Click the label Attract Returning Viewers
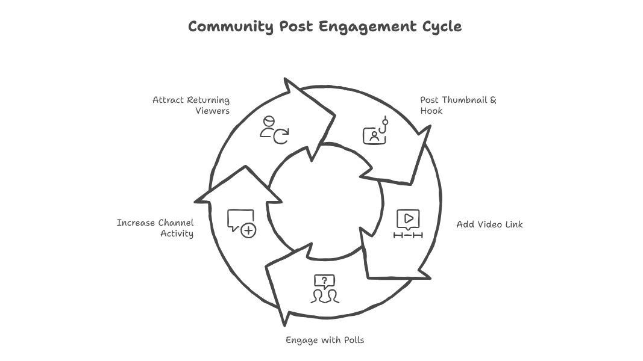(x=191, y=105)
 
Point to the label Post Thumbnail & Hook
(x=458, y=105)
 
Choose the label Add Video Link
(x=489, y=224)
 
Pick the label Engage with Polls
(x=325, y=340)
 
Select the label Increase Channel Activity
(x=155, y=228)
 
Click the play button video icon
(x=409, y=218)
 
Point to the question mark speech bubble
(x=324, y=280)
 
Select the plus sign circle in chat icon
(x=248, y=230)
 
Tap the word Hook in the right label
(x=431, y=111)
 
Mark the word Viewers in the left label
(x=212, y=111)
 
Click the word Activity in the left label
(x=177, y=233)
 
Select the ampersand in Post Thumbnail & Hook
(x=493, y=100)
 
